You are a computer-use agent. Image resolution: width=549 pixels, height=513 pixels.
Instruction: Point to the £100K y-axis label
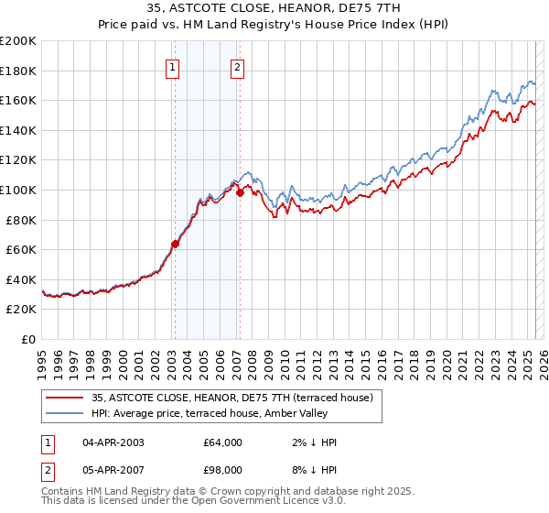[18, 190]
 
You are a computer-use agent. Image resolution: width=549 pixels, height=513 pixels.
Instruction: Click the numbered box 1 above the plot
[174, 66]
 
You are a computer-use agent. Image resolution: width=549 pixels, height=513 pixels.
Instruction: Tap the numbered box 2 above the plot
[238, 66]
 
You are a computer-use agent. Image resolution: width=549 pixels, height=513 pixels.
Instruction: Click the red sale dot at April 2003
[175, 244]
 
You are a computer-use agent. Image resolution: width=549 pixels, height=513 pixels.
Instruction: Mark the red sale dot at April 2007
[239, 192]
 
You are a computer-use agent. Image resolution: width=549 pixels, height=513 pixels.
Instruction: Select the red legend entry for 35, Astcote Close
[231, 398]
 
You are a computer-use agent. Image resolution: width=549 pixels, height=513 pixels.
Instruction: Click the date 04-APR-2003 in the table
[113, 442]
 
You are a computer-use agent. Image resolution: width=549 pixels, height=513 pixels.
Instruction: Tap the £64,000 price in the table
[222, 442]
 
